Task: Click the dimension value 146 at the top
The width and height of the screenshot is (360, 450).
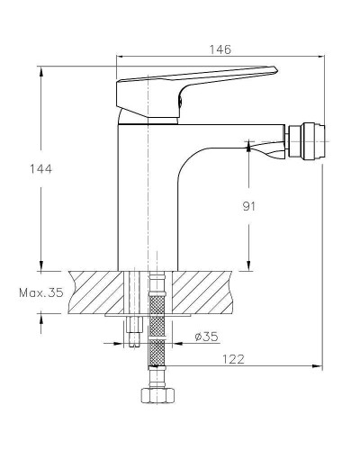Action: click(221, 49)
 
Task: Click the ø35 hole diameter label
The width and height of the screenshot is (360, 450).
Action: click(205, 337)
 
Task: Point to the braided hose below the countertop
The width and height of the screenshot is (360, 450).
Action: click(159, 342)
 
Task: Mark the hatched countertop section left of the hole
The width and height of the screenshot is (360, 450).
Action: click(94, 291)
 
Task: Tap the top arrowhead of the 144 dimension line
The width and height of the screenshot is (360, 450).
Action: click(41, 68)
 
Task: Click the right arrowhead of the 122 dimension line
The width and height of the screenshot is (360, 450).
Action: click(320, 366)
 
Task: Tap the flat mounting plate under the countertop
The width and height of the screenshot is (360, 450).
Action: click(148, 316)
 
